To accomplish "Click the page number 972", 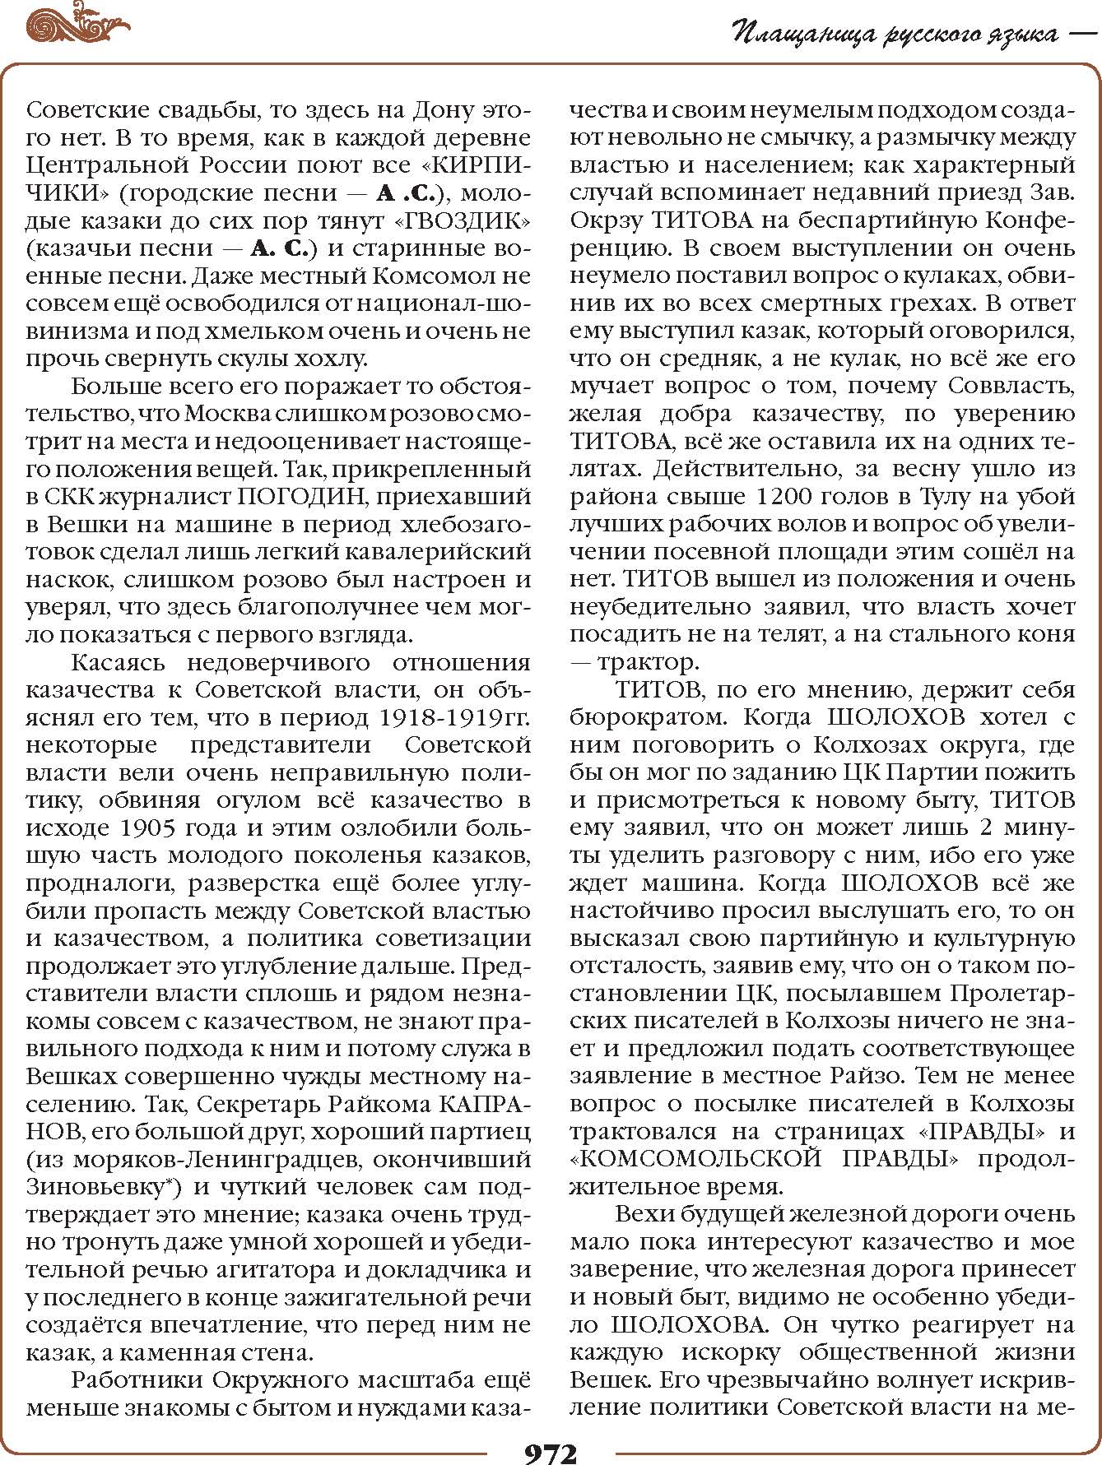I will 551,1451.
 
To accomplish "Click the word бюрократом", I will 649,717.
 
